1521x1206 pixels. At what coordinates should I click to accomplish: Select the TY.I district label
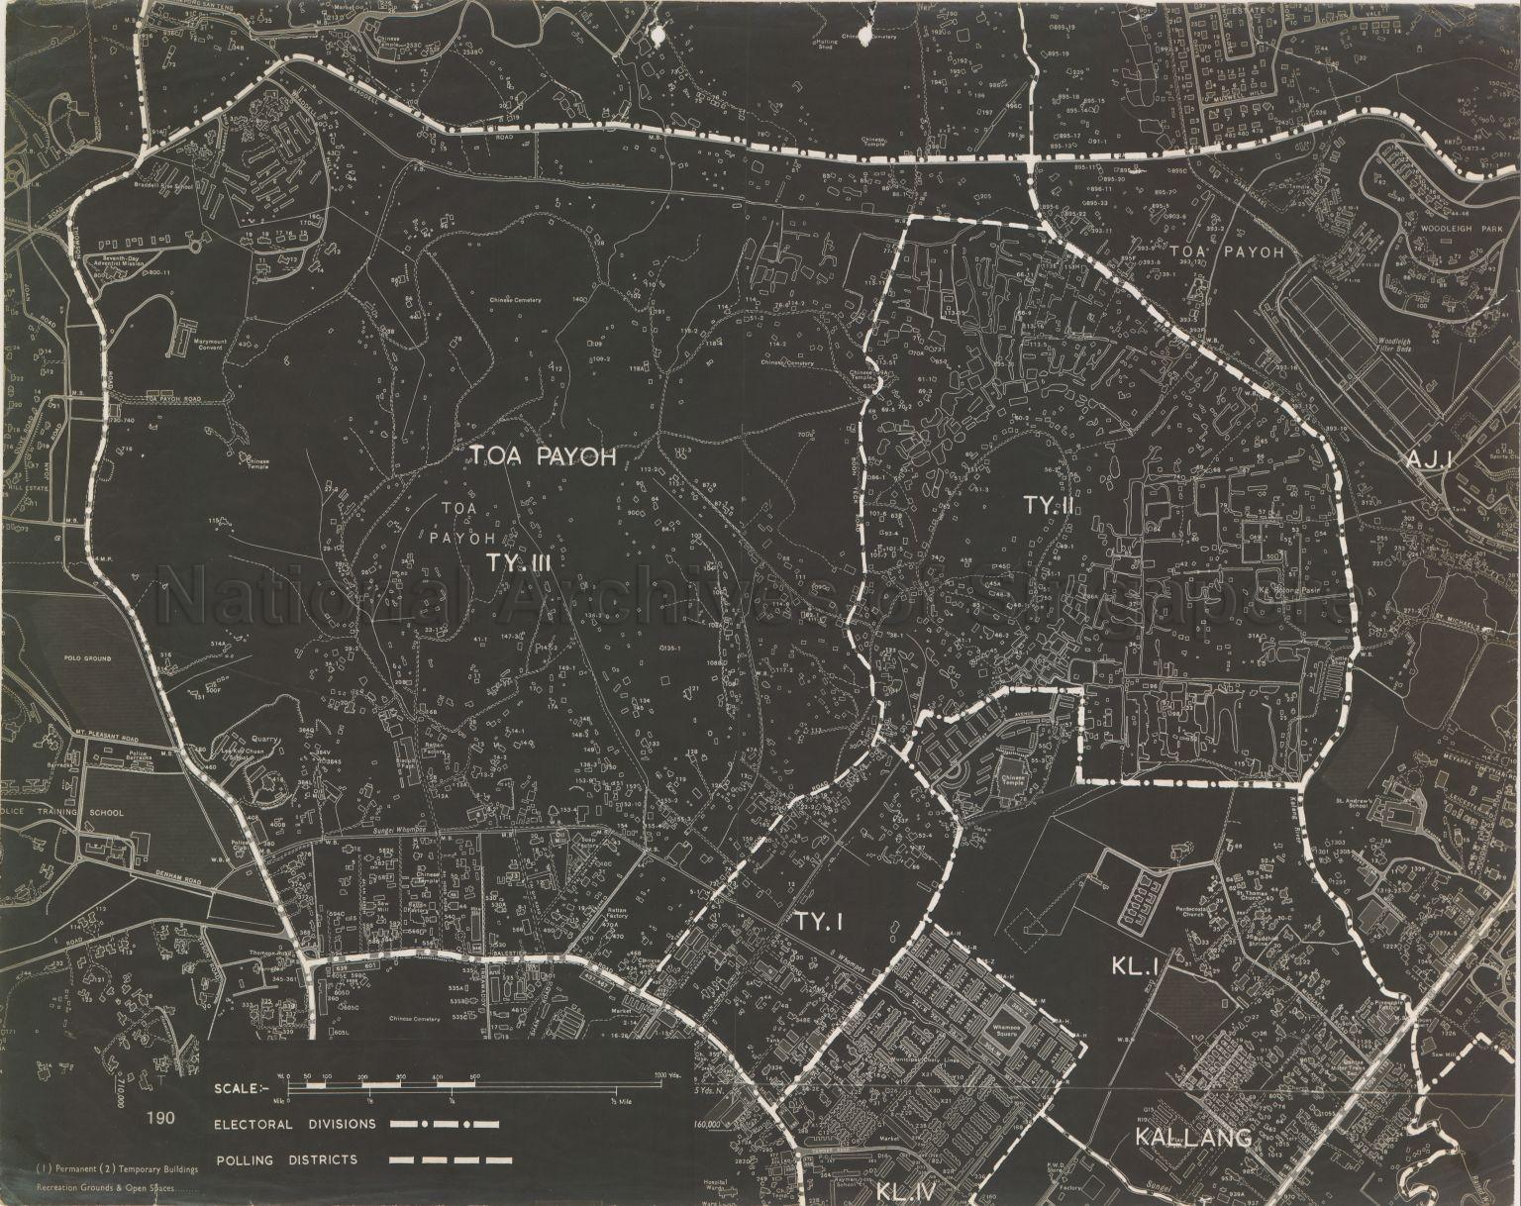coord(817,922)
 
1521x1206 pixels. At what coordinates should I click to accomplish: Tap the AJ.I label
coord(1427,458)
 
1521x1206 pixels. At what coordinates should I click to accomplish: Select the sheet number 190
coord(160,1119)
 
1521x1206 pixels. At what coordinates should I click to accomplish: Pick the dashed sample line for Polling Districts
coord(451,1159)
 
